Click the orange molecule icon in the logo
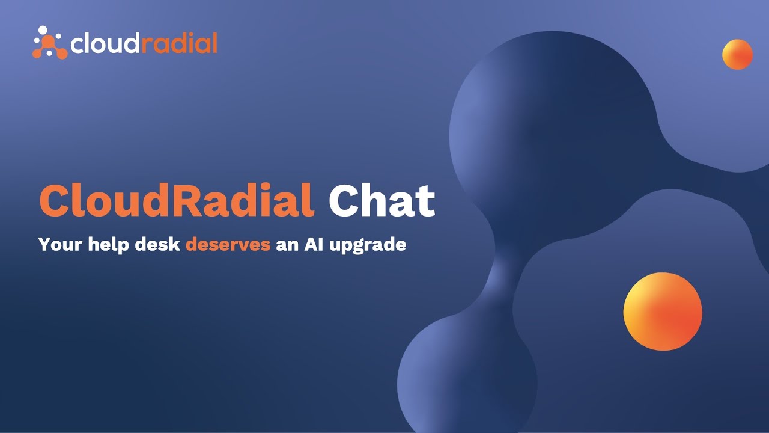50,43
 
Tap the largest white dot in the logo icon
42,29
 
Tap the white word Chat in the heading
381,201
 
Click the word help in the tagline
102,245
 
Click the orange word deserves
228,245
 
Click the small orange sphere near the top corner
737,55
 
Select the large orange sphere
663,312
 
